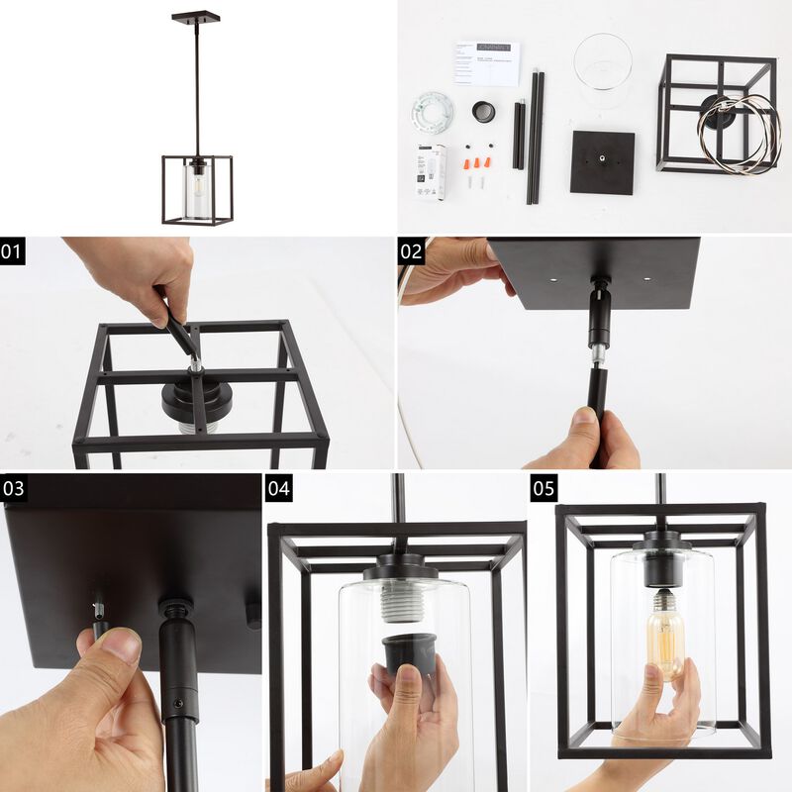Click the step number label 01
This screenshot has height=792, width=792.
[12, 251]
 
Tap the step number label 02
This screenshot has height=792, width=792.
[411, 251]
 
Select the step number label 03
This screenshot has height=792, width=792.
[14, 488]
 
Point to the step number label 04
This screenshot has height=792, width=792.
[279, 488]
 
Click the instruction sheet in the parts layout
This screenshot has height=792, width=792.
[486, 62]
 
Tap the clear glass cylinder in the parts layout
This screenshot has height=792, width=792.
[602, 69]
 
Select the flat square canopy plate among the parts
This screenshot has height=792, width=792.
[602, 161]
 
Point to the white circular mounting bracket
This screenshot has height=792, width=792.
[433, 108]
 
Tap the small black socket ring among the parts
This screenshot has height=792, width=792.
[484, 112]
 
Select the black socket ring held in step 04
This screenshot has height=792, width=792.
[408, 653]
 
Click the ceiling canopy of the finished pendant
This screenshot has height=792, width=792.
[195, 17]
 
